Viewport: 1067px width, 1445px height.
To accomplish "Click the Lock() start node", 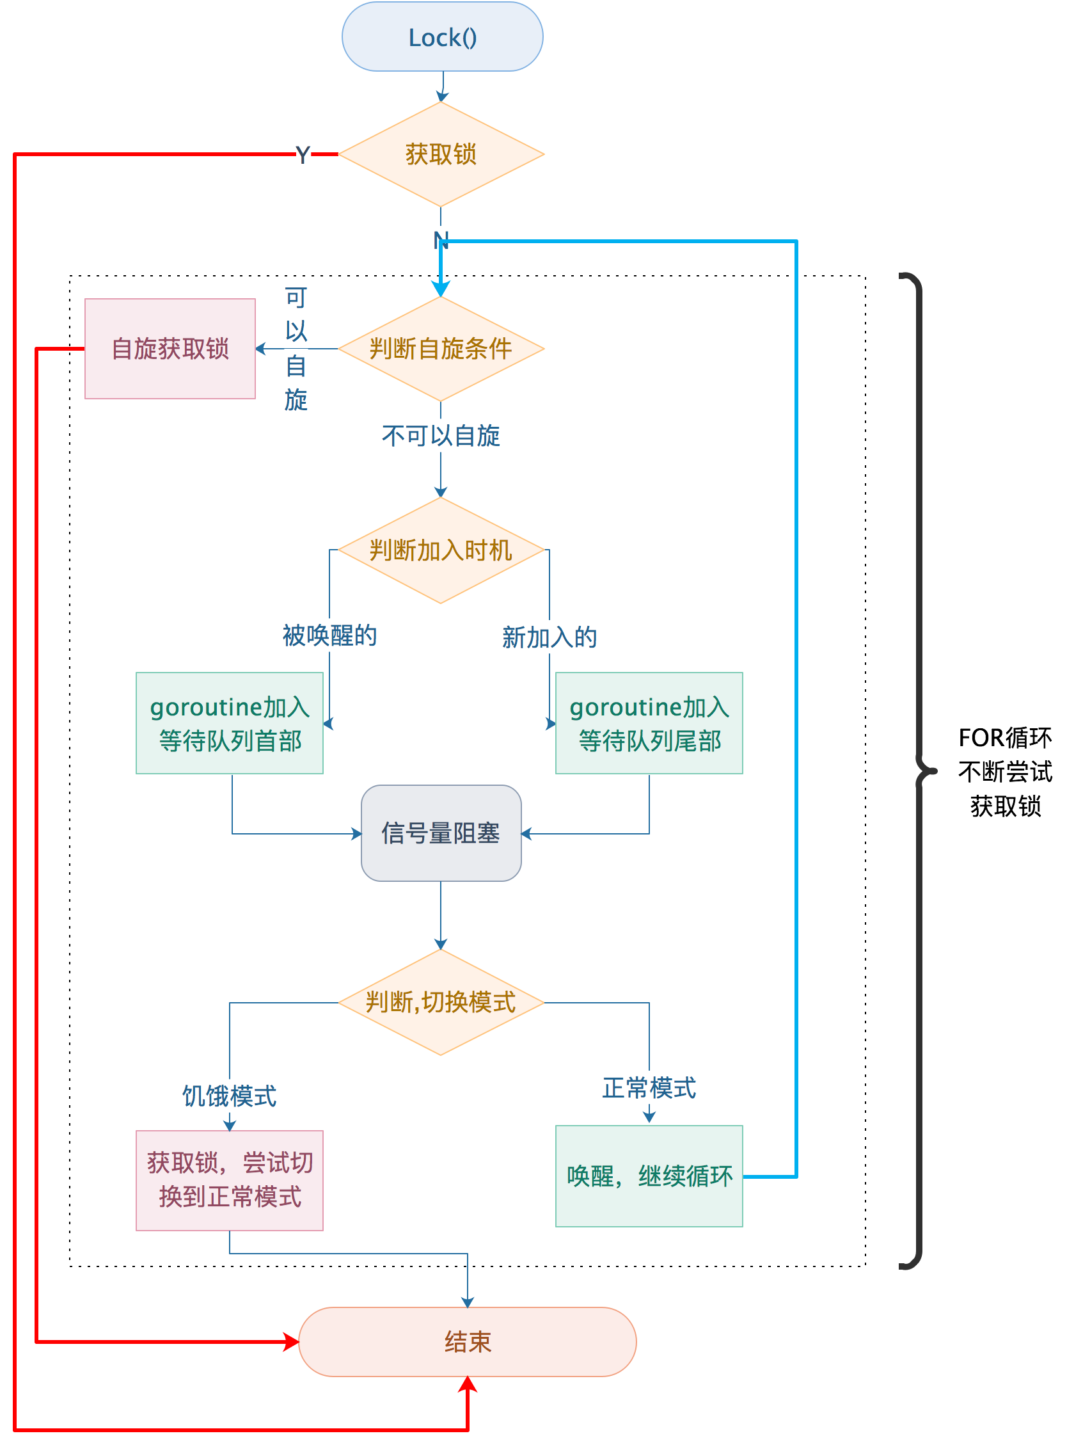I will [442, 37].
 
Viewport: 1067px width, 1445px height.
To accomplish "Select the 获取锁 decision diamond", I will [441, 154].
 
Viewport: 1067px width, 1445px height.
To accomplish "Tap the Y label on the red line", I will [303, 155].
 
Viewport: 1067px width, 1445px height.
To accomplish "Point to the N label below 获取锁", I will [441, 240].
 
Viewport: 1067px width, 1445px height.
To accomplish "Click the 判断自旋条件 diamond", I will [441, 349].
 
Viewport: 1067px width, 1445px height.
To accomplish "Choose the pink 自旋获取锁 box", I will [170, 349].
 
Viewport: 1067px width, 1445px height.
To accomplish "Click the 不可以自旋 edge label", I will [441, 436].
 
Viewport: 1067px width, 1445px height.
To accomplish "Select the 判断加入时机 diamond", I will [441, 550].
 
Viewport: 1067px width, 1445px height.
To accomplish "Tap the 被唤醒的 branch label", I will [329, 635].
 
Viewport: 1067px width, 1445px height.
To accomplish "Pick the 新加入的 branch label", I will [549, 637].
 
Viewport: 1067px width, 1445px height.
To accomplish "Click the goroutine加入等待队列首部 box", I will [229, 724].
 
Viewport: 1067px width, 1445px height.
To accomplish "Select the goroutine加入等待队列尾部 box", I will [649, 724].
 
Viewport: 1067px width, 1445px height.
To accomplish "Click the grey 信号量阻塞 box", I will [441, 833].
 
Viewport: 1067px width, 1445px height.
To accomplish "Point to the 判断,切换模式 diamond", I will [441, 1003].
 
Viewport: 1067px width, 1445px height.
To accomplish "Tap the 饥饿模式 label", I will [229, 1096].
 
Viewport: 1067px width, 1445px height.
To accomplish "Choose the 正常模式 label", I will [649, 1089].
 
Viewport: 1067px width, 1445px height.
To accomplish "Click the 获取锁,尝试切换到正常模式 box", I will [229, 1180].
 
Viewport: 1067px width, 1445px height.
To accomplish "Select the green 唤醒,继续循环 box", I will [649, 1176].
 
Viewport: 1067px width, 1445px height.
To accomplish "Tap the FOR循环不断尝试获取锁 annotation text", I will [1005, 772].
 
